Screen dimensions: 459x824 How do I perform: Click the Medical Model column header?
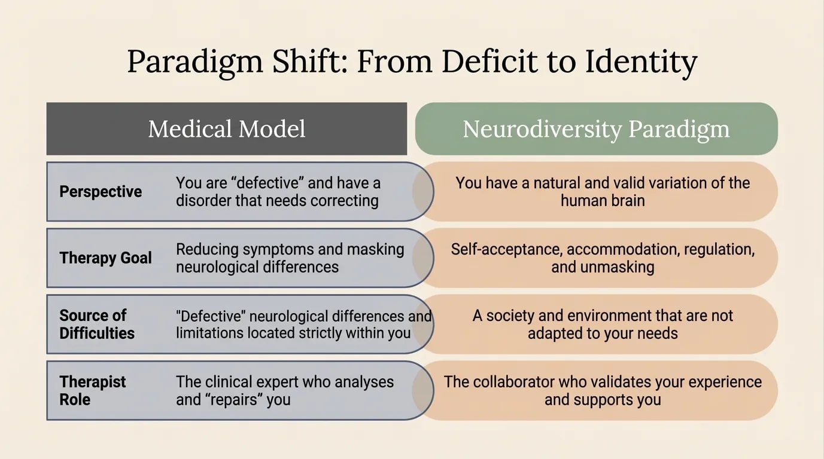pos(227,129)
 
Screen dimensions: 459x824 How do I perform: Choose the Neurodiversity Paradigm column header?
pos(596,129)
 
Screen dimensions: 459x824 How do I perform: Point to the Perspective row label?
pos(101,192)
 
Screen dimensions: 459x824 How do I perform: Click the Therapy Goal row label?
pos(105,258)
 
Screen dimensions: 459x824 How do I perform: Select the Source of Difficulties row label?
pos(97,324)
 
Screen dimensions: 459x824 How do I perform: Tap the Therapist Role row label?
pos(93,390)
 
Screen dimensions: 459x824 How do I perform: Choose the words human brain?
pos(603,200)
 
